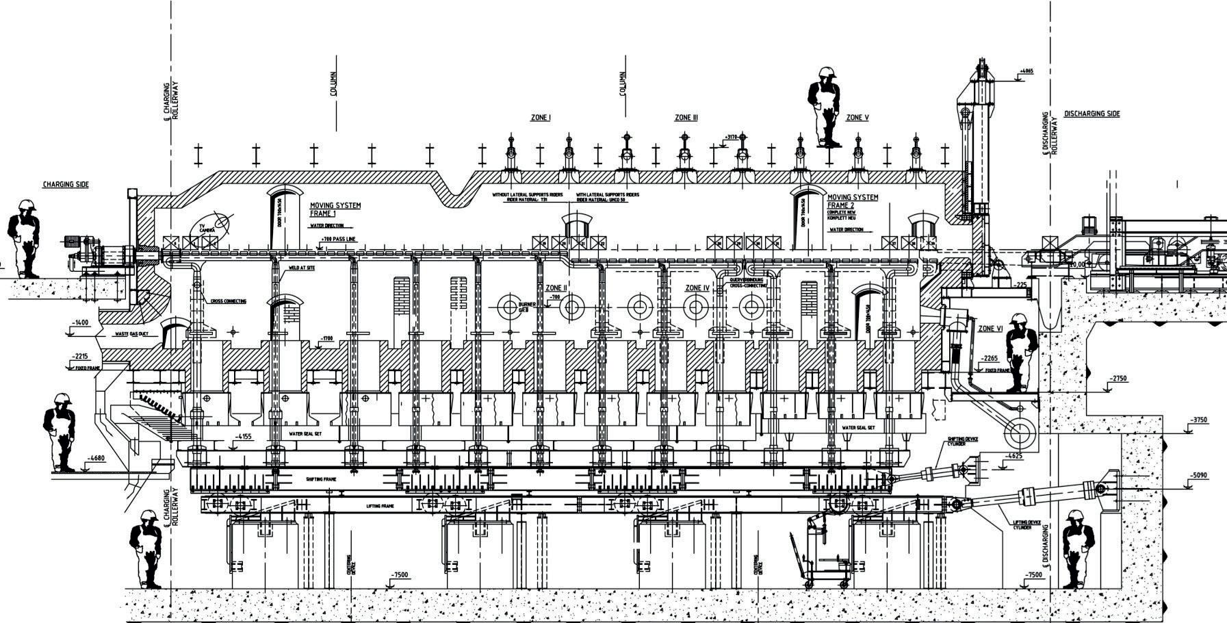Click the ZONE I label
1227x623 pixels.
[541, 118]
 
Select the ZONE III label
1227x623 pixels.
[686, 118]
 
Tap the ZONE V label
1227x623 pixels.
[857, 118]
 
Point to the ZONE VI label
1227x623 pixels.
[990, 329]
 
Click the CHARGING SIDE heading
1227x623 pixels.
[66, 185]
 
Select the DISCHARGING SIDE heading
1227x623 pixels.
[1092, 114]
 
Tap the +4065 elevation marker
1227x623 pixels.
[1025, 71]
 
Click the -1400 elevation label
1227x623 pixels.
[80, 322]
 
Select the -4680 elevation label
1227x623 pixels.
[96, 459]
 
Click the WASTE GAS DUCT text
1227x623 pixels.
[130, 334]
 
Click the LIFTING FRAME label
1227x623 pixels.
[380, 506]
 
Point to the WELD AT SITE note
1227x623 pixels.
[302, 268]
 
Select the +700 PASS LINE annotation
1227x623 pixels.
[338, 239]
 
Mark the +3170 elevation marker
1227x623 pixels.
[732, 138]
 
